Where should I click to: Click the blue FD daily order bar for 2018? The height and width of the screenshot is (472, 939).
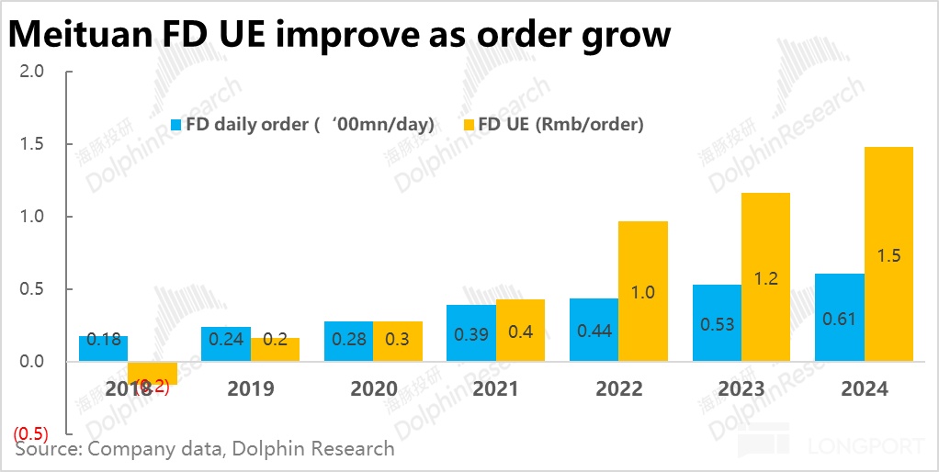point(103,348)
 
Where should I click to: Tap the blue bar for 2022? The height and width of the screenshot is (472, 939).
point(594,330)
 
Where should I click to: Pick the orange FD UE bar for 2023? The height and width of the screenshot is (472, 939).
point(765,276)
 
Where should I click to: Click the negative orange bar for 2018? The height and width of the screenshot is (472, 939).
point(153,373)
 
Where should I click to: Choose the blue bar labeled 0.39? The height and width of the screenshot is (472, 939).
point(470,332)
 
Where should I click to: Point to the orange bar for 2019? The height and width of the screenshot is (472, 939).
point(275,349)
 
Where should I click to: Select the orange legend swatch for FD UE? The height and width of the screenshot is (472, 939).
point(467,124)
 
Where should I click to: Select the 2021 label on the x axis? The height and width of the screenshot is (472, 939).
point(496,389)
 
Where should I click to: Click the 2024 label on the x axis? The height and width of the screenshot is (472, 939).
point(865,389)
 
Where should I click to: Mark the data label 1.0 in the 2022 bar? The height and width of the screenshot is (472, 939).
point(642,293)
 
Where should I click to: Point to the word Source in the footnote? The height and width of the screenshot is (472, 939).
point(47,449)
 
